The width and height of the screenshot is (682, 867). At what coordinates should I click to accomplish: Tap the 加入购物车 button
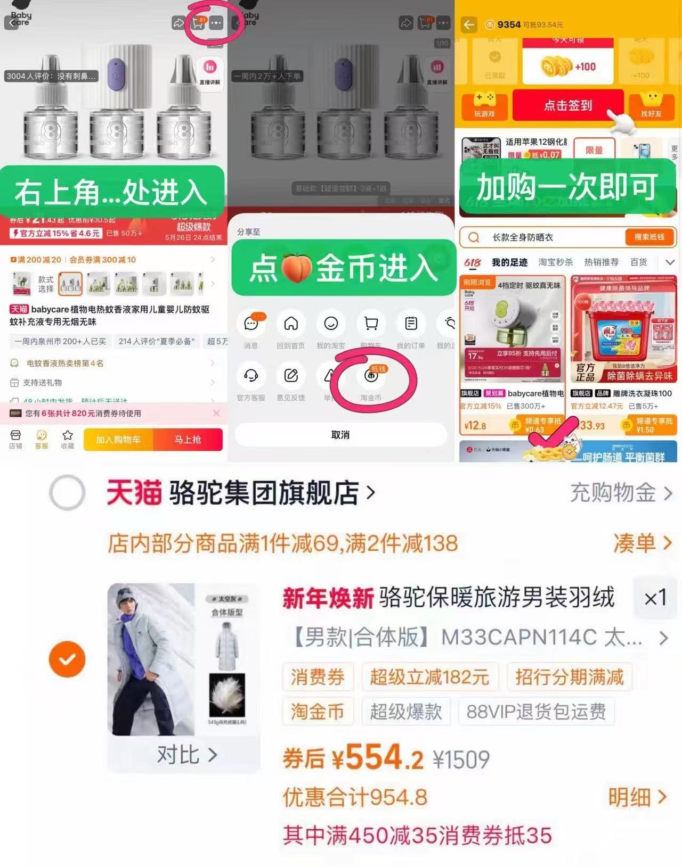[118, 440]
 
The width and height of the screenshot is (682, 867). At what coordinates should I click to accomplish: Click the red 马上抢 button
[188, 440]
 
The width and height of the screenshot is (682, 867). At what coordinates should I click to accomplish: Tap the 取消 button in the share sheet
[340, 435]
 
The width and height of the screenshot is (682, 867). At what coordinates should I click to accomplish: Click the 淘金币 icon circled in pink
[371, 376]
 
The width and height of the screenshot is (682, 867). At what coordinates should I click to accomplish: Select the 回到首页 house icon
[291, 324]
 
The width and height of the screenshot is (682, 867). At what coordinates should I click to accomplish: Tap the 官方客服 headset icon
[251, 376]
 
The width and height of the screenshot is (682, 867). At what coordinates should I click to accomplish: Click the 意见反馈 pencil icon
[291, 376]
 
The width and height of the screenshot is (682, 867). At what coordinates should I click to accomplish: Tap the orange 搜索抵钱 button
[649, 237]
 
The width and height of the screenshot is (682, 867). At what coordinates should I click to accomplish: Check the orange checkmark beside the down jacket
[67, 659]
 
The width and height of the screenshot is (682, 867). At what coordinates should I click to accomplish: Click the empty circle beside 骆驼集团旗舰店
[67, 493]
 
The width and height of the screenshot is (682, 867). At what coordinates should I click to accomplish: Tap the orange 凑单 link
[642, 543]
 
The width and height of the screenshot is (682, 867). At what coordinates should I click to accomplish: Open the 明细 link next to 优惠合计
[637, 797]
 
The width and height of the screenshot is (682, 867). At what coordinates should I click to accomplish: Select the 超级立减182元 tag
[429, 677]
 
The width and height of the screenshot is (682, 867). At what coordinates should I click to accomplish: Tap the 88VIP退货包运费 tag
[536, 712]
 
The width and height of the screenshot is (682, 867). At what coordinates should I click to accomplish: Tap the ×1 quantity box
[655, 598]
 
